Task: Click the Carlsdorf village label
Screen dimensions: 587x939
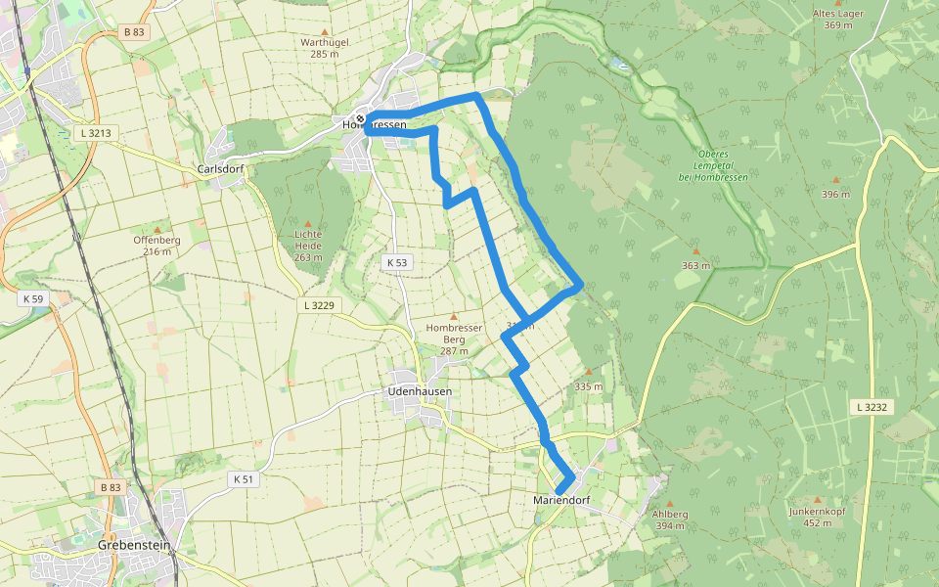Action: point(220,168)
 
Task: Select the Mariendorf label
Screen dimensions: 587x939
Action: point(564,501)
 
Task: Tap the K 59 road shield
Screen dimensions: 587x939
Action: point(32,298)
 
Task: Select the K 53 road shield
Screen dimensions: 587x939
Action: point(396,262)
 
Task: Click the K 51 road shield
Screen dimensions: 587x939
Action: point(245,478)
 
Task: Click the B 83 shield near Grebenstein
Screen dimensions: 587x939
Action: point(110,486)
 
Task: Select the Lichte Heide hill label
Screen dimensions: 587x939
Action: point(307,241)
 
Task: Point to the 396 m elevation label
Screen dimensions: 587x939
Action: point(835,194)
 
